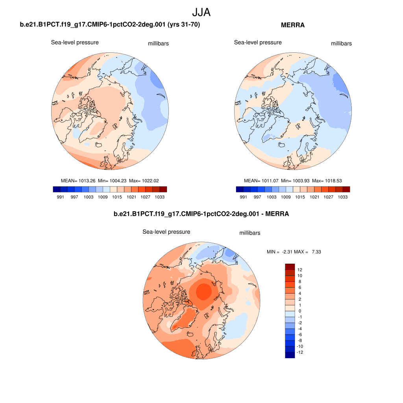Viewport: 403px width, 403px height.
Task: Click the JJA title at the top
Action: point(201,12)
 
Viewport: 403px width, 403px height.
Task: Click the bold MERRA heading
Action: point(293,25)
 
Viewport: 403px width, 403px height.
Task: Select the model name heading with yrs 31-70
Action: point(110,25)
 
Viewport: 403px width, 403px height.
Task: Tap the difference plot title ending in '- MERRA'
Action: point(201,214)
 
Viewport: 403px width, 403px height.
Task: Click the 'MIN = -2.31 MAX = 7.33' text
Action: point(294,251)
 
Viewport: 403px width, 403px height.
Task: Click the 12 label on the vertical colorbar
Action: point(300,270)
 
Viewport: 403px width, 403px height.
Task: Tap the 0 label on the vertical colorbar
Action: point(300,311)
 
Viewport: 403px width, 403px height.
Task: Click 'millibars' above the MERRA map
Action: point(341,44)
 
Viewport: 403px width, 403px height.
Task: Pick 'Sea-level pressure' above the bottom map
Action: point(166,232)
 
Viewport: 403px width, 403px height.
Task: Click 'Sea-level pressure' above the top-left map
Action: point(75,43)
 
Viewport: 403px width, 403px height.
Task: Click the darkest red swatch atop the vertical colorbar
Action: point(290,267)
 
